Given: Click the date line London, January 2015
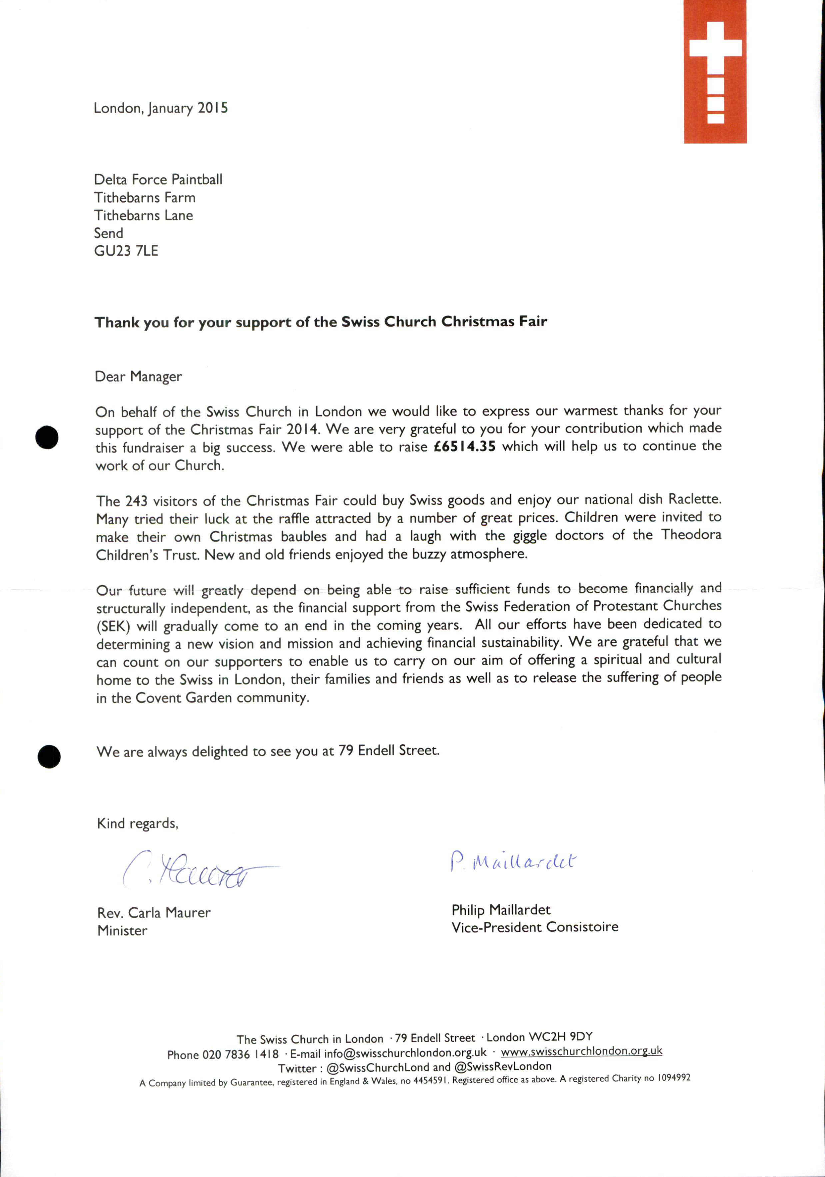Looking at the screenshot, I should (x=160, y=108).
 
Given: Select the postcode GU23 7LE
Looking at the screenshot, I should (x=126, y=251).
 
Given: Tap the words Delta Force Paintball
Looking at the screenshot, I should (x=158, y=179).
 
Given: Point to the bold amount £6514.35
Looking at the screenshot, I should (x=464, y=447).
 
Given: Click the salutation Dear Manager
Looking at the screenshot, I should (x=138, y=377).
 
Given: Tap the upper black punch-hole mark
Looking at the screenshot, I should (x=47, y=437).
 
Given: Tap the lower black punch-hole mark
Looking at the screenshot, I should (x=49, y=756).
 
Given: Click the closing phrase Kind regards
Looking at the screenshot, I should (x=137, y=823).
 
